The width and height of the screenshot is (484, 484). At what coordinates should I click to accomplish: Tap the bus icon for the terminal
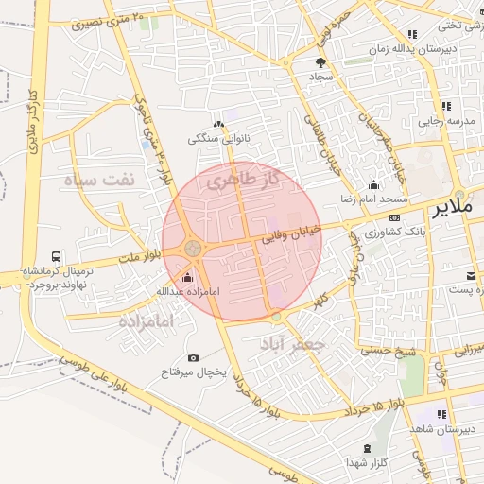pos(58,256)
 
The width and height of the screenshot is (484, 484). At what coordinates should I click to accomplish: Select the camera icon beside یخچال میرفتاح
pos(193,357)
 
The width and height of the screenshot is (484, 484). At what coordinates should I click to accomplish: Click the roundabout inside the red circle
pos(193,248)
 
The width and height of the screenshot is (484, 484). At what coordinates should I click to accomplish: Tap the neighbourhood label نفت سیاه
pos(100,179)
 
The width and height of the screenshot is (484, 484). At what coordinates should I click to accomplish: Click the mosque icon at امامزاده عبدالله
pos(186,277)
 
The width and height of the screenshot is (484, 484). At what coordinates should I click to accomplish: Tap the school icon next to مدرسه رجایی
pos(446,106)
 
